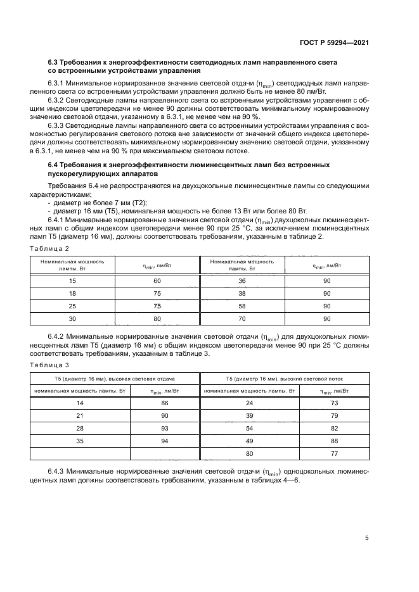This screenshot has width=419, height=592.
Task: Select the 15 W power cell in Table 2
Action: pos(73,280)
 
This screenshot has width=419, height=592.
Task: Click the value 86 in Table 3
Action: pos(165,403)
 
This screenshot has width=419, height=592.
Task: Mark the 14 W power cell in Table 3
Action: pos(80,403)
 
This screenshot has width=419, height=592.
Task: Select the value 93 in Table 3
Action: pos(165,429)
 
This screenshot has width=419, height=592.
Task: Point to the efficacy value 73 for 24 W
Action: pos(335,403)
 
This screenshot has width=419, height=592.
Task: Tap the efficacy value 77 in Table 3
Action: pos(335,454)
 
